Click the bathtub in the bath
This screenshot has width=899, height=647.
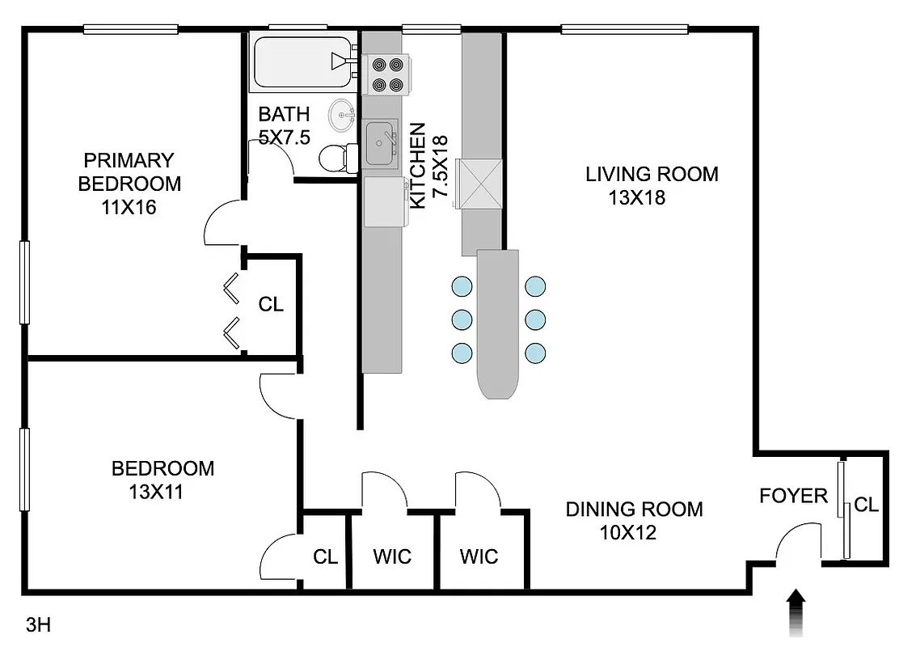click(301, 63)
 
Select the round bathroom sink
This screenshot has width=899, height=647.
click(343, 116)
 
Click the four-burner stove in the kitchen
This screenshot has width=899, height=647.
click(386, 73)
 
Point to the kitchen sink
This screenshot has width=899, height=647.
click(382, 142)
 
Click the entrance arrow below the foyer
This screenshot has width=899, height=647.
click(796, 611)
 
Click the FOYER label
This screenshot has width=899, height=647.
click(793, 496)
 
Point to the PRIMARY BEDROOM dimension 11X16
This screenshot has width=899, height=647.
click(129, 207)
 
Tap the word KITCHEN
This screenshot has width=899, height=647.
click(418, 166)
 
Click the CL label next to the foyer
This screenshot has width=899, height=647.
click(866, 505)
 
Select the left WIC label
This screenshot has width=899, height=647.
click(392, 556)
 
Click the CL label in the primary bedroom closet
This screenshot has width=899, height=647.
click(271, 304)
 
